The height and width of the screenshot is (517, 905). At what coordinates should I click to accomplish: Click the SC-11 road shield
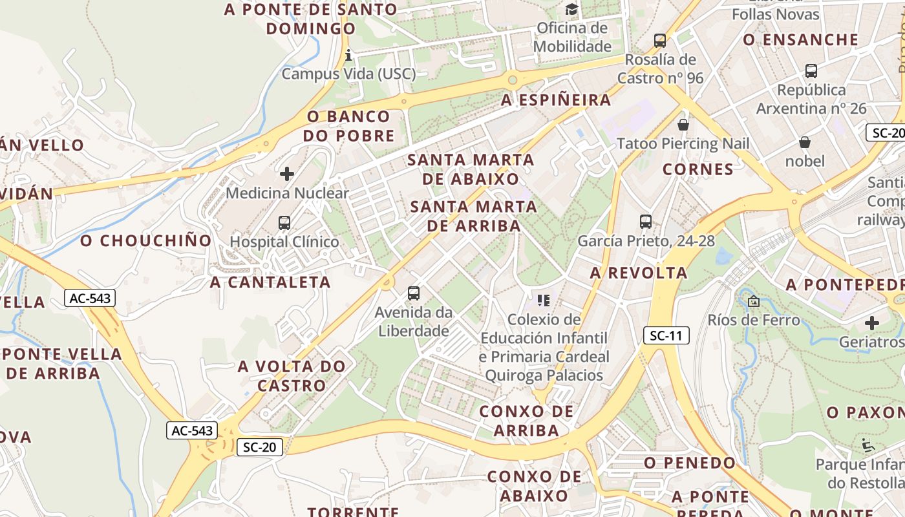point(666,335)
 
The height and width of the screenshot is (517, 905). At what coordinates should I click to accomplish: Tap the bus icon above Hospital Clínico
point(284,223)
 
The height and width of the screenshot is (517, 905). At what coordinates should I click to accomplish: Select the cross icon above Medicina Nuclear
point(287,174)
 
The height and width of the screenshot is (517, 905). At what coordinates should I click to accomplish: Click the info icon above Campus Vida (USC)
point(348,55)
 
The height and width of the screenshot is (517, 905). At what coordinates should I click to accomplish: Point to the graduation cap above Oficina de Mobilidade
point(572,9)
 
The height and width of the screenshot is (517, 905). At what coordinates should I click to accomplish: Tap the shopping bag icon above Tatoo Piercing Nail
point(683,124)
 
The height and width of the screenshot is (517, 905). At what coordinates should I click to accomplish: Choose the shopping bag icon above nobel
point(805,142)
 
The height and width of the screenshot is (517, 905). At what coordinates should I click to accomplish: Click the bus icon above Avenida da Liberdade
point(414,293)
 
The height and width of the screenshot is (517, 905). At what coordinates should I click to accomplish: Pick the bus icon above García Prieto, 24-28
point(645,222)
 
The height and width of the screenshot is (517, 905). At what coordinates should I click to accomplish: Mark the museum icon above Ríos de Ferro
point(753,301)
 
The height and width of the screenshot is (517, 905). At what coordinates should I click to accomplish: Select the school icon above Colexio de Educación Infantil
point(544,300)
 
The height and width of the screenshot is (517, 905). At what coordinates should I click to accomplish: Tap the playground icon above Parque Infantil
point(868,445)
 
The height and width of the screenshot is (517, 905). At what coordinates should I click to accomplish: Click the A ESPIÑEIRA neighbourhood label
point(556,100)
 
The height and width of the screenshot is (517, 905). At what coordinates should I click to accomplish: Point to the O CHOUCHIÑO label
point(146,241)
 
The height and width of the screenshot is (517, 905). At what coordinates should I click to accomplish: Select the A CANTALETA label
point(270,282)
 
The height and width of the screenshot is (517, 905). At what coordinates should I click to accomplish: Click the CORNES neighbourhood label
point(698,170)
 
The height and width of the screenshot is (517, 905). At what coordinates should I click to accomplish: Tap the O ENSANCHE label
point(800,40)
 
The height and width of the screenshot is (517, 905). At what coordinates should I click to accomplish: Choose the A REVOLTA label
point(639,273)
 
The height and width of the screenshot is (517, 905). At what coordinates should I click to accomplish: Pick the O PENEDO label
point(690,463)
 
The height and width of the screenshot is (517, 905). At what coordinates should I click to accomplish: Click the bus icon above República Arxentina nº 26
point(811,71)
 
